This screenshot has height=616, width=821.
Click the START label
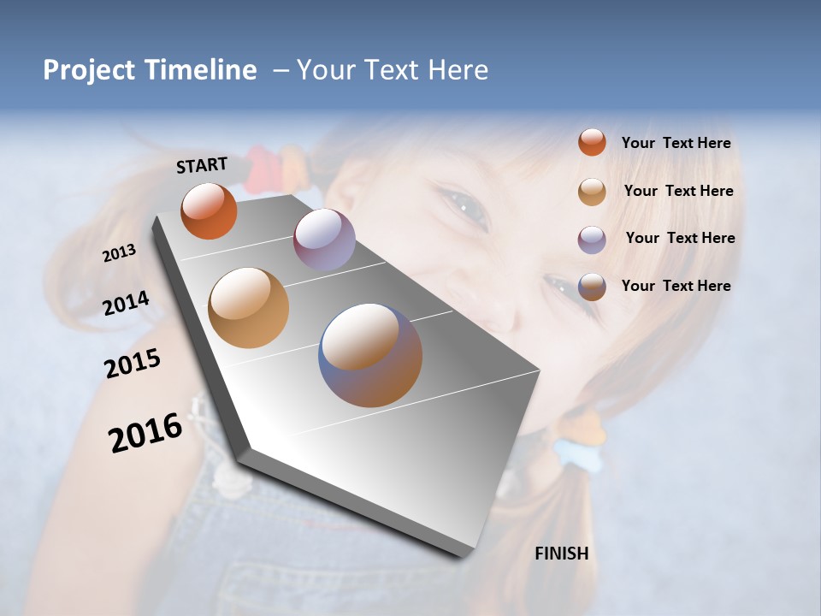pyautogui.click(x=202, y=165)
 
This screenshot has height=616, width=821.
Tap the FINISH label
pyautogui.click(x=561, y=554)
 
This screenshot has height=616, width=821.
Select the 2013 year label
pyautogui.click(x=119, y=253)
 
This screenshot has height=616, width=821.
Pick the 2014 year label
pyautogui.click(x=126, y=303)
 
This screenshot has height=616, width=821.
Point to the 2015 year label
pyautogui.click(x=132, y=364)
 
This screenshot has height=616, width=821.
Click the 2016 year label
pyautogui.click(x=145, y=433)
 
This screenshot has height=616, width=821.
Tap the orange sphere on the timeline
pyautogui.click(x=209, y=210)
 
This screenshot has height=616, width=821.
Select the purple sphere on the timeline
pyautogui.click(x=324, y=240)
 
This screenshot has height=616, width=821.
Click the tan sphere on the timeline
pyautogui.click(x=248, y=308)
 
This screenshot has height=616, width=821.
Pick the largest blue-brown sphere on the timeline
pyautogui.click(x=370, y=355)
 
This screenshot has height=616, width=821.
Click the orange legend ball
pyautogui.click(x=592, y=142)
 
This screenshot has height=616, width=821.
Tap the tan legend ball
pyautogui.click(x=592, y=192)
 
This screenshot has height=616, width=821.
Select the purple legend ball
pyautogui.click(x=592, y=240)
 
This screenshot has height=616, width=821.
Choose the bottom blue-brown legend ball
pyautogui.click(x=592, y=287)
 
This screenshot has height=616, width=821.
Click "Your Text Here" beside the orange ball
pyautogui.click(x=676, y=143)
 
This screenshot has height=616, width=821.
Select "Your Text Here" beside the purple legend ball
pyautogui.click(x=680, y=238)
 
